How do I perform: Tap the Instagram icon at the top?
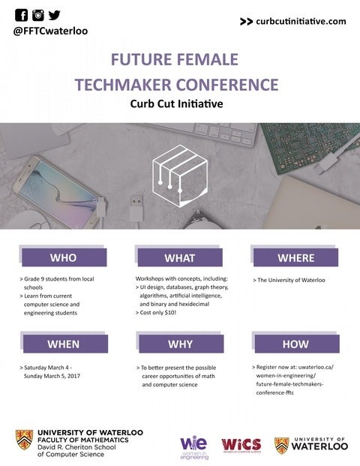[37, 15]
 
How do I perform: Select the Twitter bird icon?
[54, 15]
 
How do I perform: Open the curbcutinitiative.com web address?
[300, 22]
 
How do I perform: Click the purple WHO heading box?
[63, 258]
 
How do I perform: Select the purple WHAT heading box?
[179, 258]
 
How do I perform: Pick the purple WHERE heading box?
[295, 258]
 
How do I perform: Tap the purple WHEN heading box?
[63, 344]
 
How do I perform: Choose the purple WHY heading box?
[179, 344]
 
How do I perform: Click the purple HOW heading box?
[295, 344]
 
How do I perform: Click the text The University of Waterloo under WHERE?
[291, 280]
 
